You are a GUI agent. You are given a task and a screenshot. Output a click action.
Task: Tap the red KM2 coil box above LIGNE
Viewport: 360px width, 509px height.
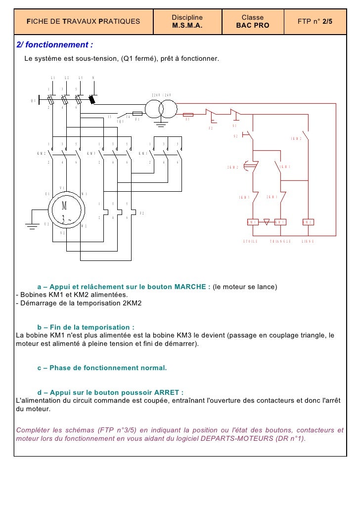(308, 222)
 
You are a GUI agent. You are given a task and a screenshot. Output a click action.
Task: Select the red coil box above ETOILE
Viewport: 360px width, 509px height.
(253, 222)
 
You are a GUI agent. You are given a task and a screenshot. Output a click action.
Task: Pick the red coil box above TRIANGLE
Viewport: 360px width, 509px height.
(280, 222)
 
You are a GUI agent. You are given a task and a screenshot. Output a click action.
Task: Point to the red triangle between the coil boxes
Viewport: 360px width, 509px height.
(267, 222)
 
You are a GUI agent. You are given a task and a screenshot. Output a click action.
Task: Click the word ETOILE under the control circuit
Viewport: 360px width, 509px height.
(251, 241)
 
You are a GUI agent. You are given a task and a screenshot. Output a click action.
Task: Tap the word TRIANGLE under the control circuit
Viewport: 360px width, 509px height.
(280, 241)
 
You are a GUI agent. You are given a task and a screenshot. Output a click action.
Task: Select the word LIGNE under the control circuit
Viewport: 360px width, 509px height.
(308, 241)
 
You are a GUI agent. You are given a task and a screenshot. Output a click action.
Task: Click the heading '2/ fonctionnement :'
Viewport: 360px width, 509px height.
(54, 45)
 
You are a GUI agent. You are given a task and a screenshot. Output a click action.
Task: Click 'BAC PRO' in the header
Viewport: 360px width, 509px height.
(253, 26)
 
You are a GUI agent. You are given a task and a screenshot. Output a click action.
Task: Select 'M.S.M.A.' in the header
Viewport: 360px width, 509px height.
(187, 26)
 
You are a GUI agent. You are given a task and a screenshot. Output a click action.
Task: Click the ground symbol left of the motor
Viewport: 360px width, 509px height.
(33, 227)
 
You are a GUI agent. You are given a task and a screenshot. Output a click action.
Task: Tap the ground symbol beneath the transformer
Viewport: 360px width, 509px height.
(161, 124)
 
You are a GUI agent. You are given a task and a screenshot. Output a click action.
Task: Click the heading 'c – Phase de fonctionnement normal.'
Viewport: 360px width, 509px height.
(102, 368)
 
